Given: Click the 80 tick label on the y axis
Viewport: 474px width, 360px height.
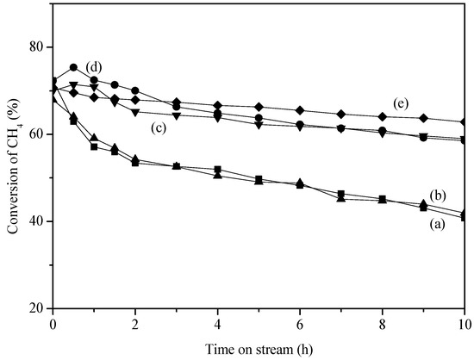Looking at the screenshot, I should (x=37, y=47).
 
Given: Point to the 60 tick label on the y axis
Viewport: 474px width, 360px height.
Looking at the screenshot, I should (x=37, y=134).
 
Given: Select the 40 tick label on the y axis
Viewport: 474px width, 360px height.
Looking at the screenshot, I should (x=37, y=221).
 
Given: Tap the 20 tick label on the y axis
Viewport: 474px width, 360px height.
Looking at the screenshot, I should (x=37, y=308).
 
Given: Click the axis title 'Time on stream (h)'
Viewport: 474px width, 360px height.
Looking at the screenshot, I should (x=258, y=345).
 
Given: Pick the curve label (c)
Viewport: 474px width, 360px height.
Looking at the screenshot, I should (x=158, y=127).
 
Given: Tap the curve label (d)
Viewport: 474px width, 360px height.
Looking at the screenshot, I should (x=94, y=66).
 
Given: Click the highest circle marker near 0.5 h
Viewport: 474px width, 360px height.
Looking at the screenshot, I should (x=74, y=67).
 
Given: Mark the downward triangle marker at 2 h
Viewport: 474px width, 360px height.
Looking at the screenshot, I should (x=135, y=112).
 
